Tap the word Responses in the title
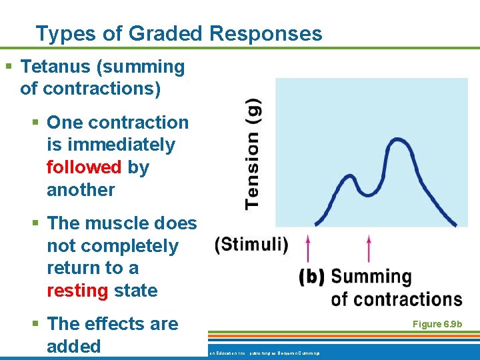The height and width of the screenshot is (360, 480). (267, 33)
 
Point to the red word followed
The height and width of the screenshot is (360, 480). (84, 167)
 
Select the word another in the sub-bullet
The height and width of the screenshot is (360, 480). (81, 190)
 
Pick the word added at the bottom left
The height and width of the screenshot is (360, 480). (73, 347)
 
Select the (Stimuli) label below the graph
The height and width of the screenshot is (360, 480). (252, 245)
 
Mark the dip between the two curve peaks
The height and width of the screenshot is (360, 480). (369, 194)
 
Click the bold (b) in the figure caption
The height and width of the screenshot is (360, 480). (312, 277)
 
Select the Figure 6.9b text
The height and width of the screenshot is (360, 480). (437, 324)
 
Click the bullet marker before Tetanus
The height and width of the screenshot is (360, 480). (9, 67)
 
